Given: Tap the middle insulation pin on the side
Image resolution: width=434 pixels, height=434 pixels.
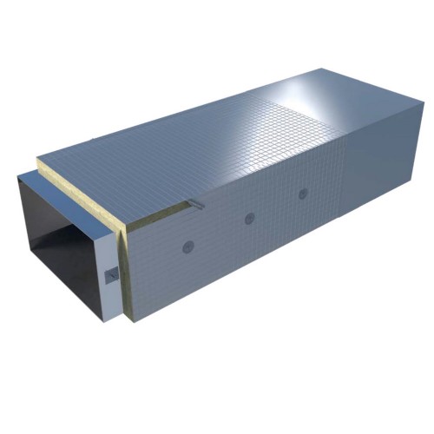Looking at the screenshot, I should [x=249, y=218].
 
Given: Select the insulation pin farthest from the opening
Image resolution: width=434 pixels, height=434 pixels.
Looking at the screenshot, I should [x=303, y=194].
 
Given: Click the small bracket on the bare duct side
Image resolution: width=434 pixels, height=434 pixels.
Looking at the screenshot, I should [x=111, y=275].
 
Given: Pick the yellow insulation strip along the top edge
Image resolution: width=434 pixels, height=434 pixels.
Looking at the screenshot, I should [x=82, y=192].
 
